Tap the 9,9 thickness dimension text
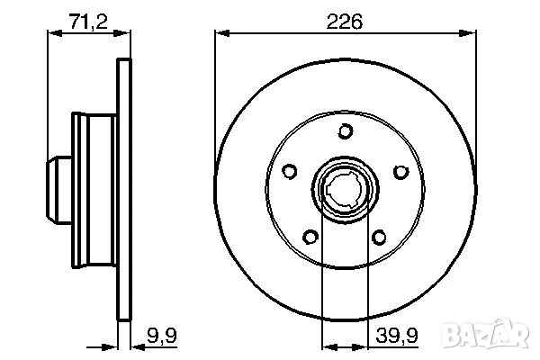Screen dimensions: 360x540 coord(159,337)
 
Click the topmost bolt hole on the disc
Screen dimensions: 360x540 coord(345,132)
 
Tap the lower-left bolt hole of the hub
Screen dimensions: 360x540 coord(310,238)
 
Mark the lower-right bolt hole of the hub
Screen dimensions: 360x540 coord(379,238)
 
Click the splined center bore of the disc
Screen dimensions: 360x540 coord(345,191)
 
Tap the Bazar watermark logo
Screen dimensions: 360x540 coord(500,337)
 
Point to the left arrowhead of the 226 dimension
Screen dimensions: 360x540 coord(219,35)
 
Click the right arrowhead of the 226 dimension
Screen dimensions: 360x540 coord(470,35)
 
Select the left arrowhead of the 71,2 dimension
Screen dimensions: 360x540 coord(50,35)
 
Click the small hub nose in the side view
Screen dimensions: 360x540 coord(58,192)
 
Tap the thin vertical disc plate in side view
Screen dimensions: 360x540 coord(123,191)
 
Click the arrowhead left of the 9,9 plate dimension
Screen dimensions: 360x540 coord(113,341)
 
